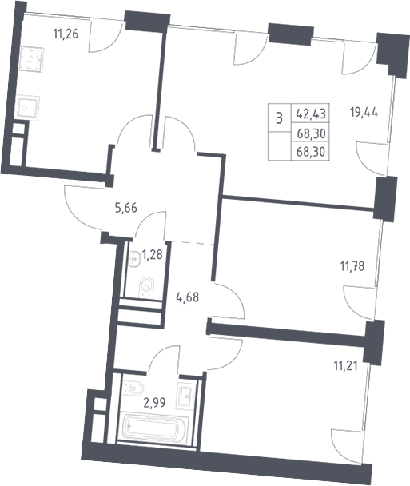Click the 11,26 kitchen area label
pyautogui.click(x=66, y=34)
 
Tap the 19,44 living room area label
pyautogui.click(x=364, y=112)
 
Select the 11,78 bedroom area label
pyautogui.click(x=352, y=266)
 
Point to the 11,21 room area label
pyautogui.click(x=345, y=366)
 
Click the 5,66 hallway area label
pyautogui.click(x=125, y=208)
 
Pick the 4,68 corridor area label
pyautogui.click(x=188, y=297)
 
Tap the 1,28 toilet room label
pyautogui.click(x=152, y=255)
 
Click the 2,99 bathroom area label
pyautogui.click(x=154, y=403)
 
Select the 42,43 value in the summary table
pyautogui.click(x=311, y=114)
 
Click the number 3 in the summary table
pyautogui.click(x=279, y=118)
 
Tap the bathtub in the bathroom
pyautogui.click(x=153, y=428)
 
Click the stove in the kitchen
pyautogui.click(x=32, y=59)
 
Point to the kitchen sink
pyautogui.click(x=28, y=108)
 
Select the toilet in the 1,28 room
pyautogui.click(x=146, y=288)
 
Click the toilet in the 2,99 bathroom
pyautogui.click(x=133, y=388)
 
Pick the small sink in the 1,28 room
pyautogui.click(x=134, y=259)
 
